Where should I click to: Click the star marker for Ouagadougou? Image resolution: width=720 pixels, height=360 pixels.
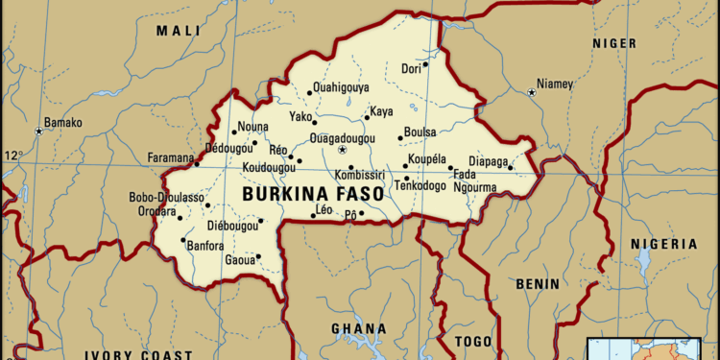coord(341,151)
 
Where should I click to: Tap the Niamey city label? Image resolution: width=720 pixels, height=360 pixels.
coord(556,84)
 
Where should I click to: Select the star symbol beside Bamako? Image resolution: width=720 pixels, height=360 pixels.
coord(39,131)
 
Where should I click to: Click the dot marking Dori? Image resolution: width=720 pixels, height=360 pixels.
coord(425,65)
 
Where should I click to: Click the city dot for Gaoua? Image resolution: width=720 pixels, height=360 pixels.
coord(258,256)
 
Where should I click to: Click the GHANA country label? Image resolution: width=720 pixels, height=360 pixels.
coord(359,328)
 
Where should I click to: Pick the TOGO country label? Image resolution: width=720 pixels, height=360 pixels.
coord(473,342)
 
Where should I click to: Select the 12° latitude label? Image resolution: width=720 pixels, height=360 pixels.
coord(12,156)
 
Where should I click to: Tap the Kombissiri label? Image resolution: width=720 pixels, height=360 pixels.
coord(359,176)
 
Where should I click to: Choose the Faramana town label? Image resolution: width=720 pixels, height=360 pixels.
coord(171,157)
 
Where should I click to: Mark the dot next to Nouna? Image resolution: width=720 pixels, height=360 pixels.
coord(233,132)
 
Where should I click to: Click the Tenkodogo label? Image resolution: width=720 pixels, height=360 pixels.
coord(420,185)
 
